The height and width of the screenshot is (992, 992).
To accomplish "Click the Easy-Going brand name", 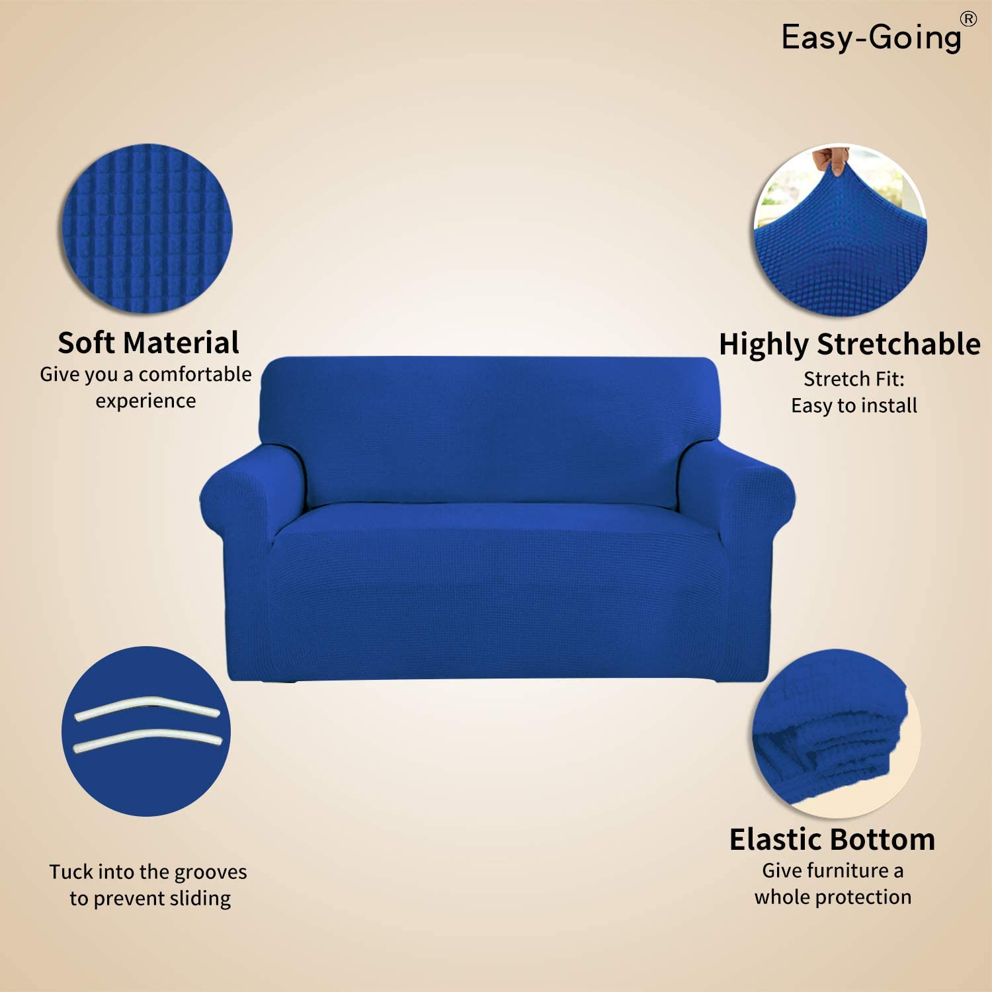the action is (872, 37).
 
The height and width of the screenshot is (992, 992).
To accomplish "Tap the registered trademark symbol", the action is (969, 19).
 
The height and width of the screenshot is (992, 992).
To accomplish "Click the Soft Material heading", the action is (148, 343).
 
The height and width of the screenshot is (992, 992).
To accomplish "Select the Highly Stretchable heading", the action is (850, 345).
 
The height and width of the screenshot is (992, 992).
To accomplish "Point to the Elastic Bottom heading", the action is (833, 839).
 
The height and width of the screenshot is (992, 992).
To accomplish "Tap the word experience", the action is (145, 401).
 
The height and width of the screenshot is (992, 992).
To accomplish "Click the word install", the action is (888, 405).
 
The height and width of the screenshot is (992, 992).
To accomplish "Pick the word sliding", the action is (200, 898).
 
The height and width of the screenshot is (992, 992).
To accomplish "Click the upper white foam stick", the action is (147, 707).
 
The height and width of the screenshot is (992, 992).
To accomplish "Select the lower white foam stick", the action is (147, 739).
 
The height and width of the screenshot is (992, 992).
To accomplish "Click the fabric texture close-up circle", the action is (147, 228).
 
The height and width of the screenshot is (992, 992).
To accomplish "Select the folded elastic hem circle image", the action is (837, 733).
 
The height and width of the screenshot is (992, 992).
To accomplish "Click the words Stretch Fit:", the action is (854, 379).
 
